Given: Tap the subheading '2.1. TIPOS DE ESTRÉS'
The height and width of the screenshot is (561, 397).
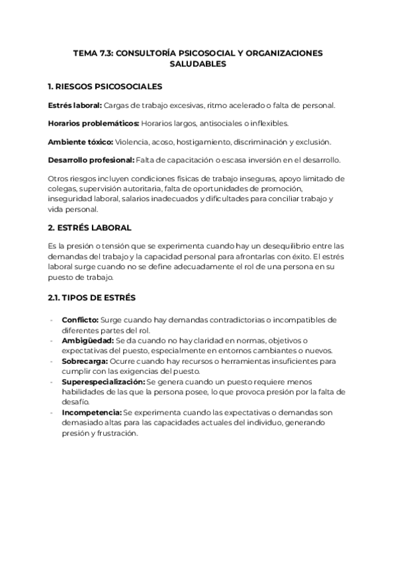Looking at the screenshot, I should coord(91,298).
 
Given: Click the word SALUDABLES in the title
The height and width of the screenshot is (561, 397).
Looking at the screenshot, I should coord(198,64).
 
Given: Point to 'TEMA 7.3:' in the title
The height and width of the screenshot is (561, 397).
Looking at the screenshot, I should coord(93,53).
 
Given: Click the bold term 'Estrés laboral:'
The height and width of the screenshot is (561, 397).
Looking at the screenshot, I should coord(75,105).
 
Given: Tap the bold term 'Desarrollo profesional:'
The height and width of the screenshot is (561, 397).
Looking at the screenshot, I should coord(91,160).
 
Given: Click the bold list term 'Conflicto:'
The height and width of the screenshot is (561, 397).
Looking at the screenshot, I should coord(79,320).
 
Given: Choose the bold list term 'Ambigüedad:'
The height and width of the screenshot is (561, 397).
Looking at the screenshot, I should coord(87,340).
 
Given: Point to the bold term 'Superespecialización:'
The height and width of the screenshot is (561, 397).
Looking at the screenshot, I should coord(103,382).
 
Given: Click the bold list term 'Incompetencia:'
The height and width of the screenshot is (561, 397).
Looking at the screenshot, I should coord(91,413).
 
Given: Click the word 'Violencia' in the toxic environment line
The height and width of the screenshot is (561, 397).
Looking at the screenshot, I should coord(132,142).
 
